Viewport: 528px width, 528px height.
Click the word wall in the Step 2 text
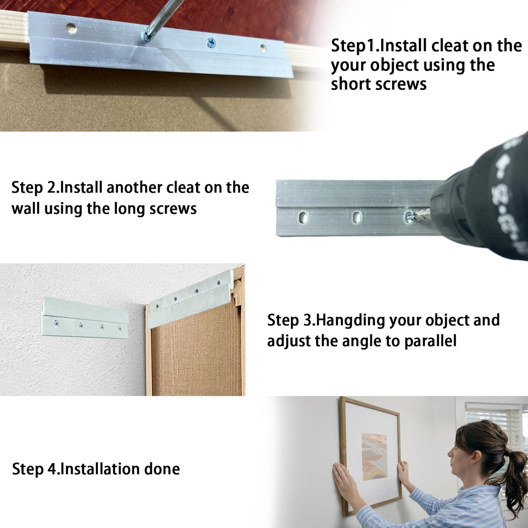[x=26, y=209]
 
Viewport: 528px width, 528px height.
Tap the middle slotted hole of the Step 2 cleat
[x=356, y=216]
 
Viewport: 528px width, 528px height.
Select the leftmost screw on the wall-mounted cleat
[x=56, y=324]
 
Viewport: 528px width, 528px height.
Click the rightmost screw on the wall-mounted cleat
[x=120, y=328]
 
